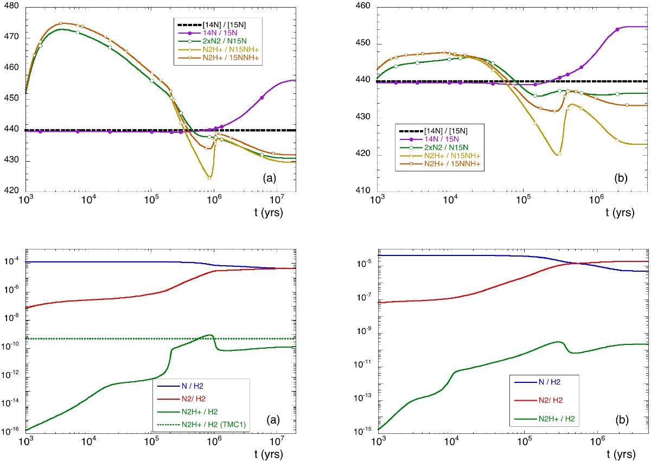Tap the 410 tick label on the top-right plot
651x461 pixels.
(361, 191)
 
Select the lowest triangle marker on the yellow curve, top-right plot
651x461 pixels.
(559, 154)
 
